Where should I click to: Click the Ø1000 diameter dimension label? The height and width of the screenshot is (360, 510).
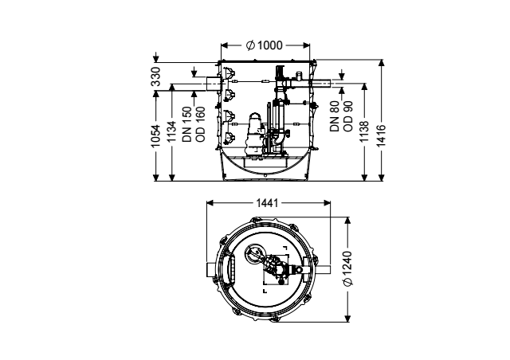point(265,45)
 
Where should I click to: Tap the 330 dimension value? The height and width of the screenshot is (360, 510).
point(156,76)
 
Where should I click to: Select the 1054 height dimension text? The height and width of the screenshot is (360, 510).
point(156,136)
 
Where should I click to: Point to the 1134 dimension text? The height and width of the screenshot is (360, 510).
point(171,131)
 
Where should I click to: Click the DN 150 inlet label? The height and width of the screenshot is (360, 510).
point(187,124)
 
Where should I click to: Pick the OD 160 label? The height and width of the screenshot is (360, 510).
point(200,124)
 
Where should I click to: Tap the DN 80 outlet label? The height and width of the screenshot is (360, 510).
point(335,116)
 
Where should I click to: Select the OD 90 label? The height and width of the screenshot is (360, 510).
point(348,116)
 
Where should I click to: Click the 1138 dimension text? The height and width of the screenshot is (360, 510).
point(364,131)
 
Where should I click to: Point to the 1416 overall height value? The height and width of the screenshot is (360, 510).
point(381,135)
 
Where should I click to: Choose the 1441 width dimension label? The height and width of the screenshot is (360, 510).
point(268,203)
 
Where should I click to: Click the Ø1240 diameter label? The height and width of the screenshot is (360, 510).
point(347,268)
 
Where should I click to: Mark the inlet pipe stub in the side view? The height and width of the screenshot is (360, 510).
point(213,84)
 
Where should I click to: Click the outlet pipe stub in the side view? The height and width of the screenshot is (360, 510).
point(320,84)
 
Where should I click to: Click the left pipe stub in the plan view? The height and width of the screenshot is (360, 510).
point(211,270)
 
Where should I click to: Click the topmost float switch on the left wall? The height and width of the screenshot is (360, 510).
point(229,72)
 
